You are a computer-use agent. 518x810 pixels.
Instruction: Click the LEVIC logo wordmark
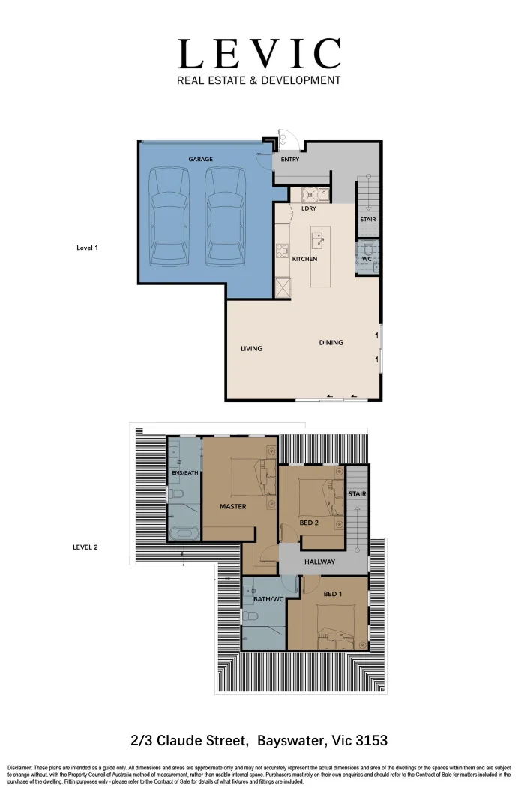259,53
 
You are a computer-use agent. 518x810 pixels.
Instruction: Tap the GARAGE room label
200,159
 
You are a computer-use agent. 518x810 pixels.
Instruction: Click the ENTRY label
290,159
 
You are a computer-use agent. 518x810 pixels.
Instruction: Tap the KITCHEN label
305,259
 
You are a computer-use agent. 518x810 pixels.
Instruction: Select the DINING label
331,342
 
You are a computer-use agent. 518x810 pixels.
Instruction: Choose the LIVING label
251,348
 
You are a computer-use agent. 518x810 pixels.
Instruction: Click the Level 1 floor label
88,247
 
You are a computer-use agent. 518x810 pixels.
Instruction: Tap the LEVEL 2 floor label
85,547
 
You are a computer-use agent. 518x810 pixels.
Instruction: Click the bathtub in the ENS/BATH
184,533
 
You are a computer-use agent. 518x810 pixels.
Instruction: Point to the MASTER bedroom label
232,506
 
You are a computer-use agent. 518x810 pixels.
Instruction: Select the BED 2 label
309,523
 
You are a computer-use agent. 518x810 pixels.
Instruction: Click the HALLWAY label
319,562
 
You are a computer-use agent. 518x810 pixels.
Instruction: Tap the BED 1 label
334,594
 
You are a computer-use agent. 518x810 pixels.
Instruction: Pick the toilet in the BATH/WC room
250,616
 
